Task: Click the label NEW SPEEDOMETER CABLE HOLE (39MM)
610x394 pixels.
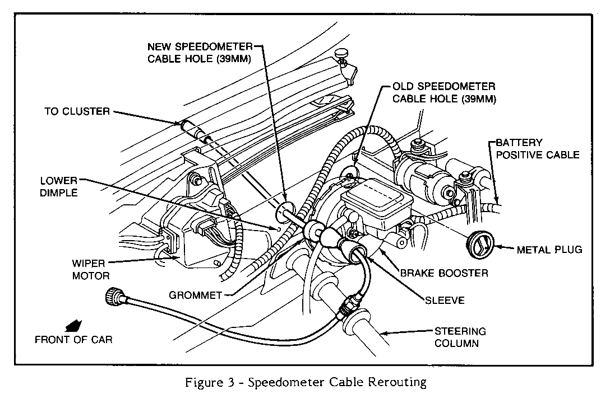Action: click(x=200, y=53)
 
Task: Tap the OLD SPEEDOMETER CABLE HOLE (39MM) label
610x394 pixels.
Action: click(x=444, y=92)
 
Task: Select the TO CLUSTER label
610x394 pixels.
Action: click(x=77, y=111)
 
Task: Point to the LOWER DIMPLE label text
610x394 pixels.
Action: click(x=59, y=187)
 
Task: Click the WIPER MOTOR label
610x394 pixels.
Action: click(x=91, y=269)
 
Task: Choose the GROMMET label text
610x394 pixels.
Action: click(x=195, y=295)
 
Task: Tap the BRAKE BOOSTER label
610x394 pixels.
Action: click(x=444, y=273)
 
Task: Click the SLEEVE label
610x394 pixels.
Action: click(x=445, y=301)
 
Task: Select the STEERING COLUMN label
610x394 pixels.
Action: click(x=460, y=337)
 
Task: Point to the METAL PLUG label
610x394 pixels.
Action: click(x=549, y=250)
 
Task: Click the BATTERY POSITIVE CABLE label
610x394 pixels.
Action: click(x=537, y=149)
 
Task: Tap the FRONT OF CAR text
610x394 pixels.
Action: click(x=73, y=340)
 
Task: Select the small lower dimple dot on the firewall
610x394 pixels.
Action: click(x=279, y=229)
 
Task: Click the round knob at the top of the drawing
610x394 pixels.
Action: click(x=343, y=53)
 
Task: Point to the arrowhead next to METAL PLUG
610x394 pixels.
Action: click(x=498, y=246)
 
